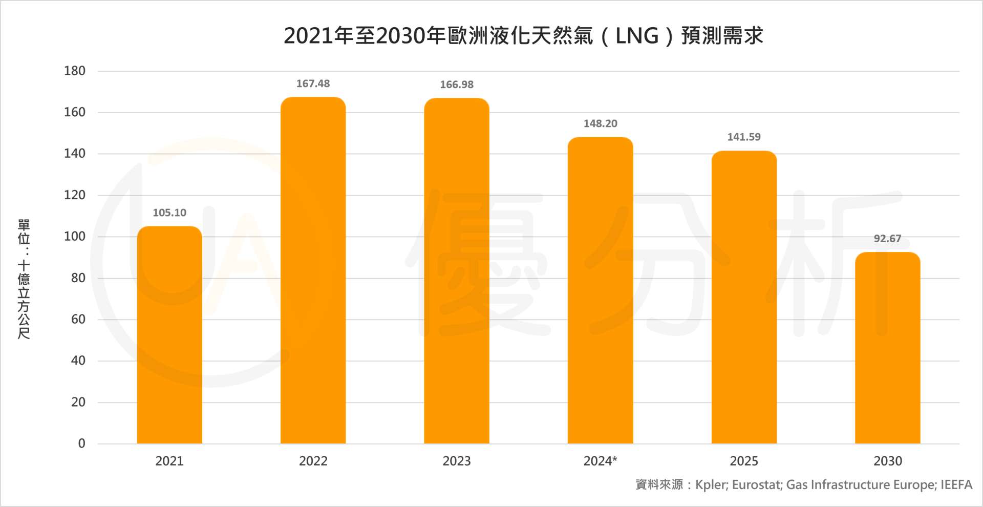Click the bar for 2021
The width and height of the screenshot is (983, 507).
[169, 335]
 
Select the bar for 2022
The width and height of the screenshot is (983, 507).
[313, 270]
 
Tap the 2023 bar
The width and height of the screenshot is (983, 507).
[457, 271]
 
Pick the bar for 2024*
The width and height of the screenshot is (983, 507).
[600, 290]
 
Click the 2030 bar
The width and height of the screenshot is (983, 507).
[887, 348]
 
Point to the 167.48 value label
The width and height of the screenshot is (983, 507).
[313, 83]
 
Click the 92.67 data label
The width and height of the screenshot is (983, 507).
[887, 239]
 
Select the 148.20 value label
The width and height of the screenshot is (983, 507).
[600, 123]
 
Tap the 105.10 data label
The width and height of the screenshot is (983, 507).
[169, 213]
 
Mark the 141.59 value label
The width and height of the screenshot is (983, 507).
[744, 137]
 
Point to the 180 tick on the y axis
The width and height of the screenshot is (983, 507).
[75, 71]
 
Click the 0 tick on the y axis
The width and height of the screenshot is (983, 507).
[81, 443]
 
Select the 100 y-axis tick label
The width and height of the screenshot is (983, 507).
[75, 236]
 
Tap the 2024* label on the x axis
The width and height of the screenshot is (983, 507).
[600, 461]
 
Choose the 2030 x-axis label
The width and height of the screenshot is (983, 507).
[887, 461]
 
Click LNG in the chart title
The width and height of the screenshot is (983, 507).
[636, 36]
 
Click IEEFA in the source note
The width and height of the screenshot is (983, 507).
[956, 484]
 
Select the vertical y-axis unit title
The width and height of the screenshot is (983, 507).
[24, 279]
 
